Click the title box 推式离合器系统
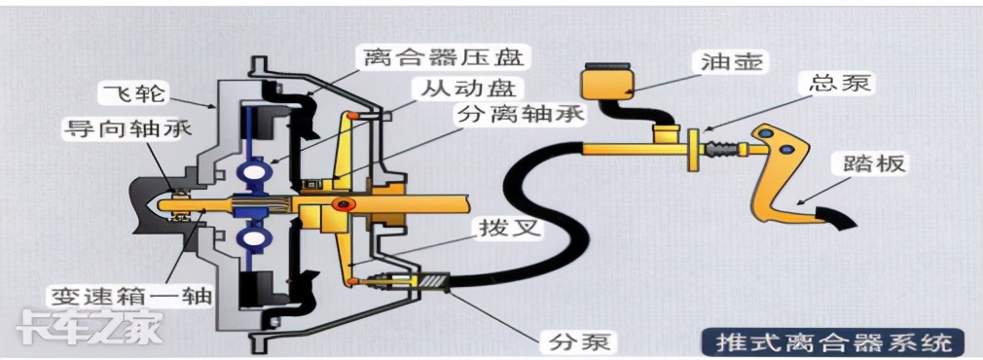[x=833, y=342]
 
